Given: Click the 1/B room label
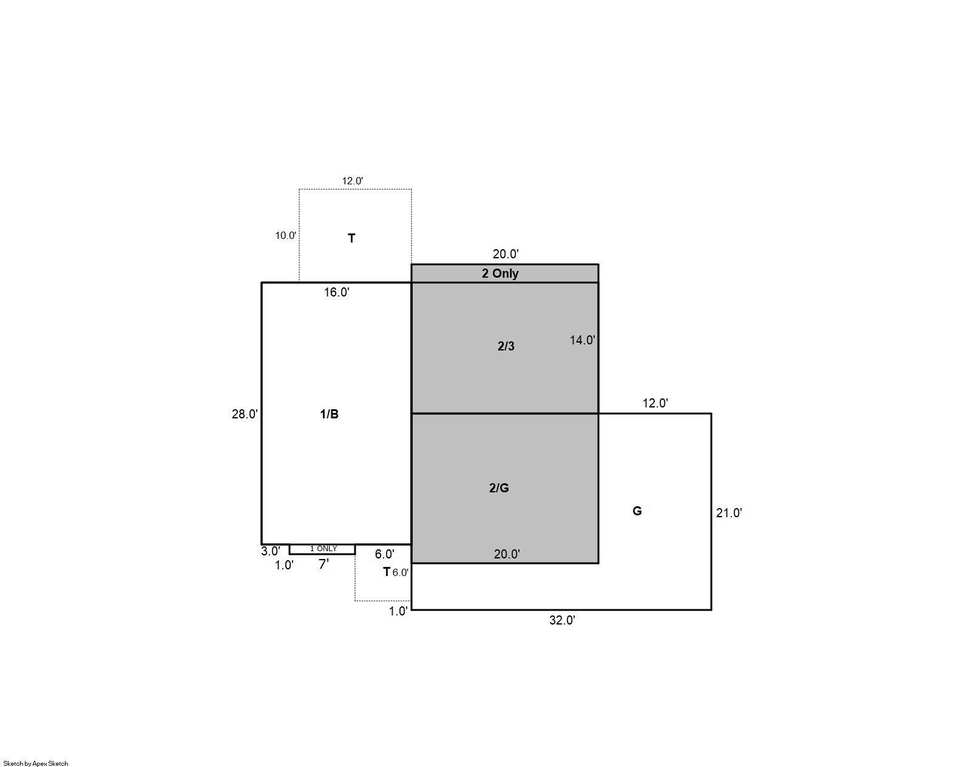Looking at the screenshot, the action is (x=329, y=414).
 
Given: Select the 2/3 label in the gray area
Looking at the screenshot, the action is (x=506, y=346).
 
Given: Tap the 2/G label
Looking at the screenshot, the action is (x=498, y=487).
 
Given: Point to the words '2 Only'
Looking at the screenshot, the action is (x=500, y=273).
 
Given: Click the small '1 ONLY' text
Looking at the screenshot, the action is (x=323, y=549).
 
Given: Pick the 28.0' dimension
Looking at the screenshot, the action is (x=245, y=414).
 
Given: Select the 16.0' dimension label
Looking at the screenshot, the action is (x=337, y=292).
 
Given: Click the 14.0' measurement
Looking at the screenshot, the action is (x=582, y=340).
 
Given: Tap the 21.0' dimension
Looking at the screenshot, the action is (x=729, y=513).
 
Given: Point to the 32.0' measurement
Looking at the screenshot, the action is (x=562, y=620).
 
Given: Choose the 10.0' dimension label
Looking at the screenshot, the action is (x=285, y=235).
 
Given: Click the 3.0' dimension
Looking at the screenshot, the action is (x=271, y=551).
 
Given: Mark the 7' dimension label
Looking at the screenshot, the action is (x=323, y=564).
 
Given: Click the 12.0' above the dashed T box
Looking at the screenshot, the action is (x=352, y=181).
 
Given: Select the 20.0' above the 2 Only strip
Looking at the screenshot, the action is (x=505, y=253).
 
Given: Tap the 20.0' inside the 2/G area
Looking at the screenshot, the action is (x=506, y=554).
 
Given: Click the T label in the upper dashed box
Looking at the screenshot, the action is (x=351, y=238).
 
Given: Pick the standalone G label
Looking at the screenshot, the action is (x=637, y=511).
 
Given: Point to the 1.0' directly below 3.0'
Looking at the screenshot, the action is (x=284, y=565).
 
